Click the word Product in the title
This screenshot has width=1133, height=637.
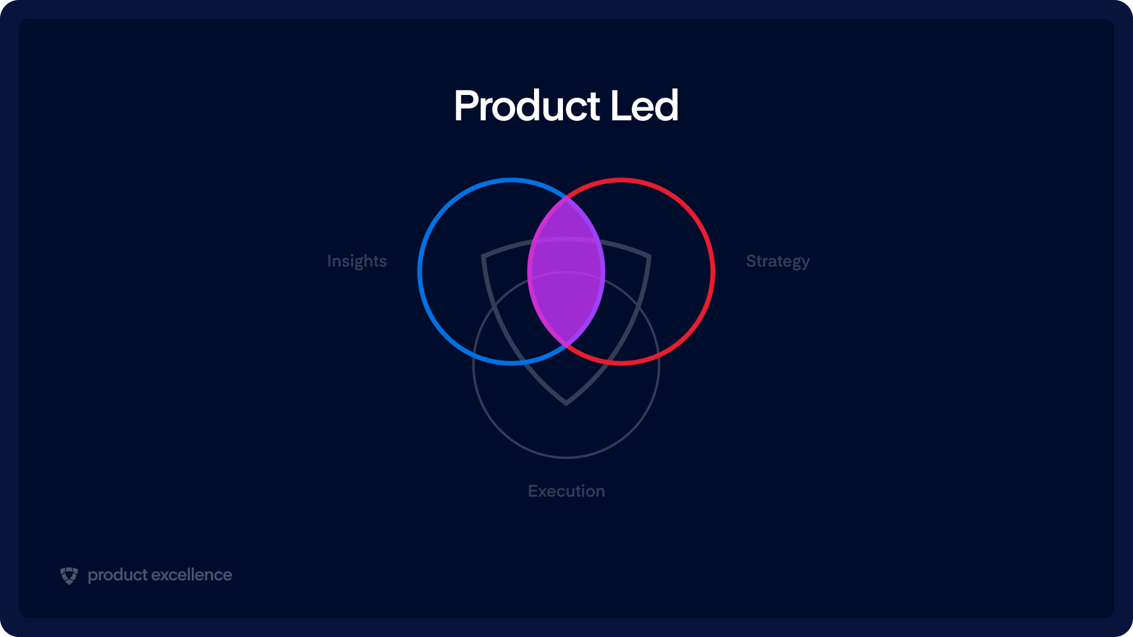527,106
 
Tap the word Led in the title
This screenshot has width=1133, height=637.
644,106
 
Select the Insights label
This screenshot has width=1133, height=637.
357,261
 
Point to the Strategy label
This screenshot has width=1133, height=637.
778,261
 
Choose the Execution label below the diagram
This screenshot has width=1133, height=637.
566,491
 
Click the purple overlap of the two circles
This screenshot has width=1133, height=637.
566,271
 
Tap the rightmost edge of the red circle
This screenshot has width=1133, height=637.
713,271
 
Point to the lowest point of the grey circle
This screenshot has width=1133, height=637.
566,457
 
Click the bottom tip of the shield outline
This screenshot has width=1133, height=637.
566,404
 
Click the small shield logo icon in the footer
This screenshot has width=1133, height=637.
69,576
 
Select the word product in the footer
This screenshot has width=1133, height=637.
117,575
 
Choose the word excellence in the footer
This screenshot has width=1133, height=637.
192,575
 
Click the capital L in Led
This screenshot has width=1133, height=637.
621,106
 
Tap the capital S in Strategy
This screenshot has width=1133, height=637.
752,261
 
